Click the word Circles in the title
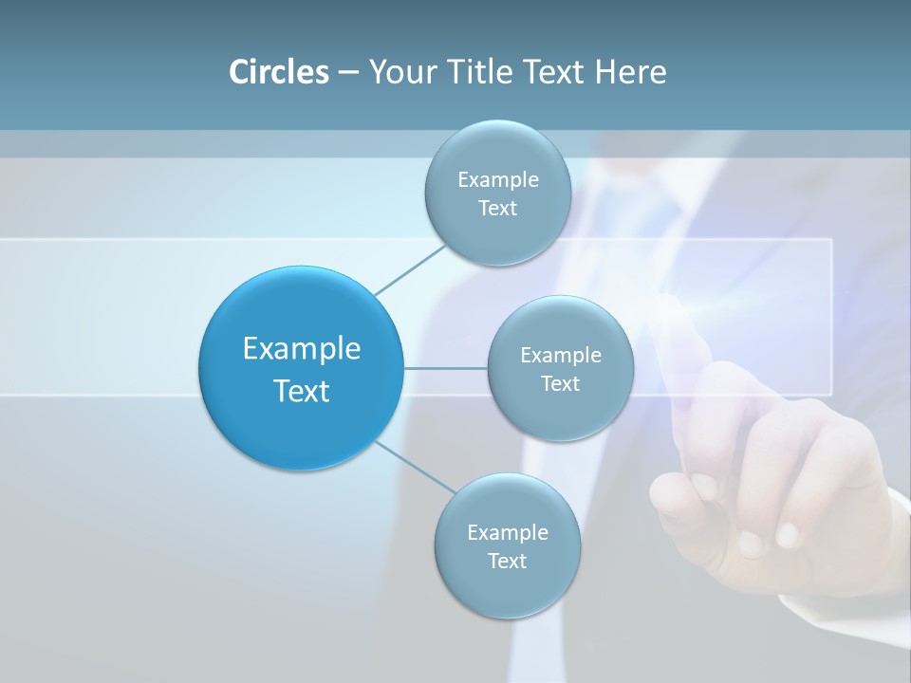pyautogui.click(x=279, y=72)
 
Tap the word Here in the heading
pyautogui.click(x=631, y=72)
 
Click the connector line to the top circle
pyautogui.click(x=411, y=269)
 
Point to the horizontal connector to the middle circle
pyautogui.click(x=445, y=368)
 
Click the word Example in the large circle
pyautogui.click(x=301, y=349)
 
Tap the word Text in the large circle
pyautogui.click(x=301, y=391)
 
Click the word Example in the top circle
pyautogui.click(x=497, y=180)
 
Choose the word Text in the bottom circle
pyautogui.click(x=507, y=562)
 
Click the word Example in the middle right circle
pyautogui.click(x=560, y=356)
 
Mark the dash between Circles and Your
pyautogui.click(x=348, y=73)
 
